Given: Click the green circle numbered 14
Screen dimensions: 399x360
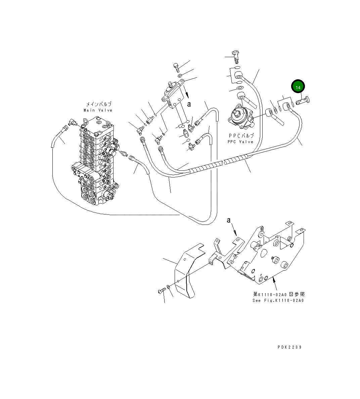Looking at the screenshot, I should (x=298, y=87).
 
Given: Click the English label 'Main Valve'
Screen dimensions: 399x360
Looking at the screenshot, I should (x=98, y=110).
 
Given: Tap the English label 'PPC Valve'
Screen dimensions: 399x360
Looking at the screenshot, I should (x=241, y=142).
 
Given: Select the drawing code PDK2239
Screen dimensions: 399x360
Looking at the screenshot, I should (x=289, y=347).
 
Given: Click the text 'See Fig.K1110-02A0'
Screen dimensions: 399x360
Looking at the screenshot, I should (x=278, y=301).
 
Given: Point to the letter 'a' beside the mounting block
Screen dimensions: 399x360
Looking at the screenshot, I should (x=189, y=104).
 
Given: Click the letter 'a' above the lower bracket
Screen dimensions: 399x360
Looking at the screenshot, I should (x=229, y=220).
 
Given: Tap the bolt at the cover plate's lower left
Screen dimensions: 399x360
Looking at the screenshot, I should (x=162, y=290).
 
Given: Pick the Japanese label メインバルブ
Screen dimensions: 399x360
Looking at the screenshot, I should (x=98, y=105).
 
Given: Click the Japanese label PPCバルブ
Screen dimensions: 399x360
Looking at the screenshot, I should (x=241, y=136).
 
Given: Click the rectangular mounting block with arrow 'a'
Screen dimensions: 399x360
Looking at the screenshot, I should (x=173, y=96).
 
